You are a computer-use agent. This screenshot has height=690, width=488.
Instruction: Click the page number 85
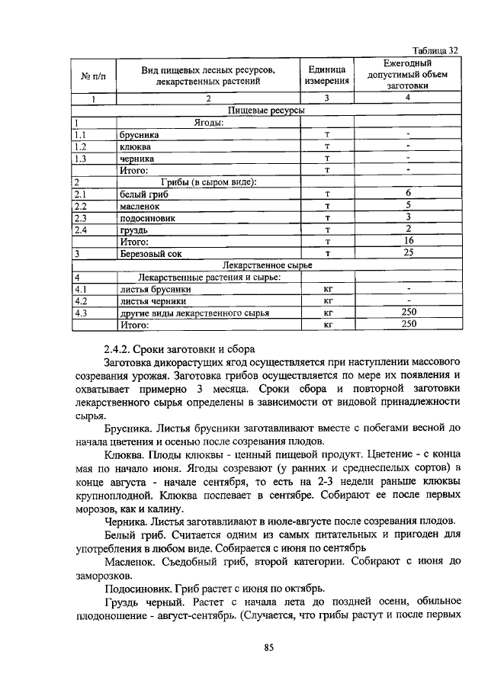(x=268, y=647)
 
